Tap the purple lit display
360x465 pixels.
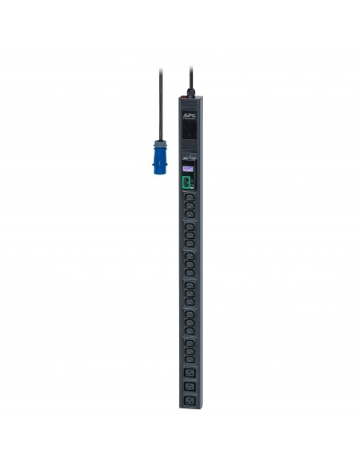(188, 169)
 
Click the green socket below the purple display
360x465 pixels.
(186, 183)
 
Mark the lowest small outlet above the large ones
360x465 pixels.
(189, 358)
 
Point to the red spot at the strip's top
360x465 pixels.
(182, 98)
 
